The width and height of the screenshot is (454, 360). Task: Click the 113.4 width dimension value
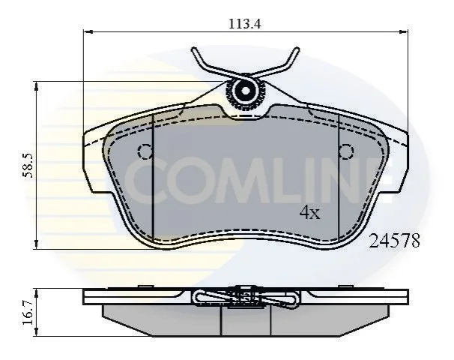(245, 23)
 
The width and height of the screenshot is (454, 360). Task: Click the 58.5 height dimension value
(28, 166)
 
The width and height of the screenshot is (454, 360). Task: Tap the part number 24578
(394, 241)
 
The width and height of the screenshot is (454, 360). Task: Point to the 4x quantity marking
(310, 213)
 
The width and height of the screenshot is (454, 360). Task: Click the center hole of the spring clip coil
(246, 91)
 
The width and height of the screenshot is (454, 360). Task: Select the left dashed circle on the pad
(145, 151)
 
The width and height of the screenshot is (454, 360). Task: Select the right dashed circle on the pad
(346, 151)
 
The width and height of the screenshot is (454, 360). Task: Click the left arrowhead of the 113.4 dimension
(88, 31)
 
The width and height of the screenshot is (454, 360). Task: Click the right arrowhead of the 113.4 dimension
(404, 31)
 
